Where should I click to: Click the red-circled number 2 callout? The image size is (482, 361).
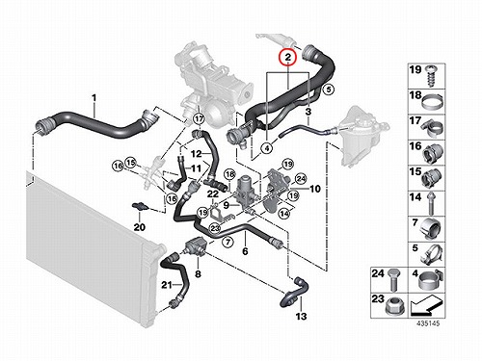288,57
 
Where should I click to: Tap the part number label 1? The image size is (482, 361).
94,97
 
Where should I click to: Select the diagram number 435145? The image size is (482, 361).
428,323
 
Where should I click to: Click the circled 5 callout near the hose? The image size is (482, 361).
329,90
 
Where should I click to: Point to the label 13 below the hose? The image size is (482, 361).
301,317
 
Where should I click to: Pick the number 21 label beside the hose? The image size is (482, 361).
167,285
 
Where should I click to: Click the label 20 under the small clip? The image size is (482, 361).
140,227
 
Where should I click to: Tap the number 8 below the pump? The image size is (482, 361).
198,273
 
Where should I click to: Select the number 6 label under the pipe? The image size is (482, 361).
245,251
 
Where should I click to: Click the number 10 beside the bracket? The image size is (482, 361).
315,189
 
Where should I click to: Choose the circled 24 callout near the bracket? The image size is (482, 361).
301,179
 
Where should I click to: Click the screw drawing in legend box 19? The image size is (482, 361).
432,76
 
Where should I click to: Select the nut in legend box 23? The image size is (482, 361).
393,307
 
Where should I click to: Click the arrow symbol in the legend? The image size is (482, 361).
426,306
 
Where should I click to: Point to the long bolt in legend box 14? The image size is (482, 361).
431,204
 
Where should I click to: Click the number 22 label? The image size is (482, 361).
213,193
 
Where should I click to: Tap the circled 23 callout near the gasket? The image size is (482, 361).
215,228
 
